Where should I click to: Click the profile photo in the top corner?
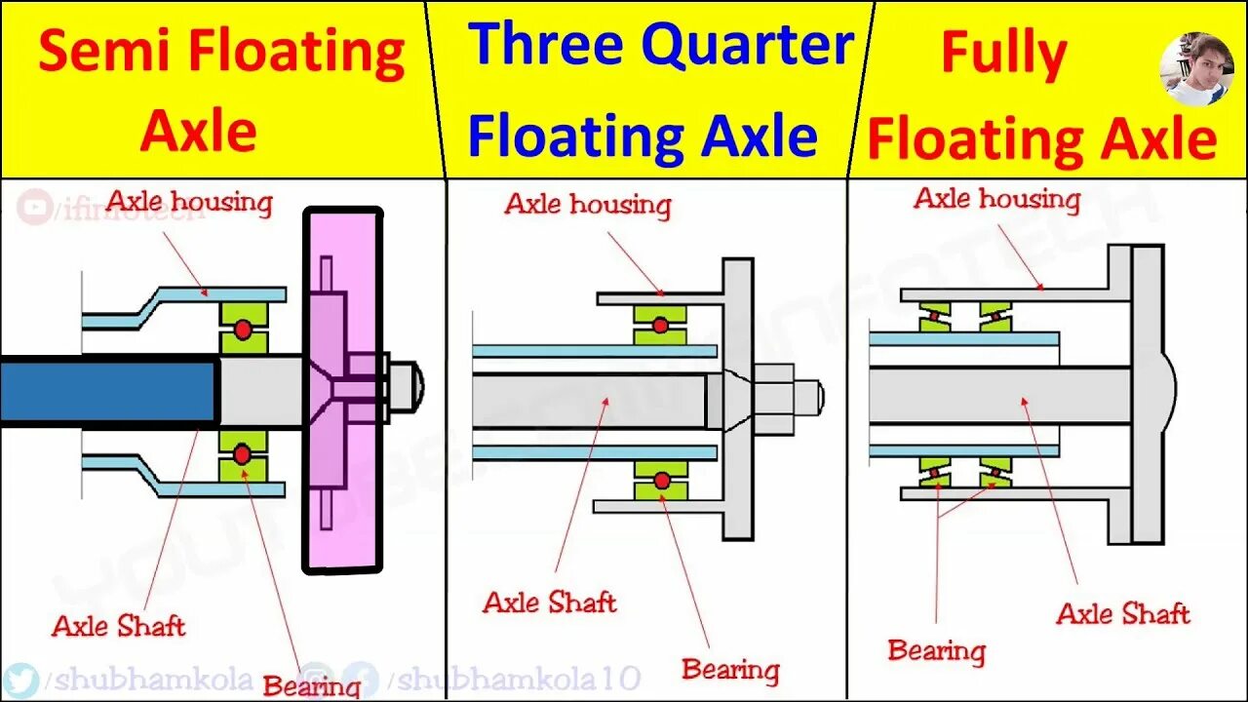(x=1196, y=68)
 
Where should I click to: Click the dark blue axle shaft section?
(x=107, y=390)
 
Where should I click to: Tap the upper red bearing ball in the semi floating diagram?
(x=243, y=331)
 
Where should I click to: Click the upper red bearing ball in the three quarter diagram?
(x=661, y=325)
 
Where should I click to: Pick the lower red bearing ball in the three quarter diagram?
(x=661, y=480)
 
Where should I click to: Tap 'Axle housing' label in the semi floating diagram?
(x=189, y=202)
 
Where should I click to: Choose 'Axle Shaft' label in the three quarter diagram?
(x=550, y=602)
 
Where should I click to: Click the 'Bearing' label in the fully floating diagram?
(x=936, y=650)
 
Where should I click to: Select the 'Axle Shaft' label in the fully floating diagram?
(x=1123, y=613)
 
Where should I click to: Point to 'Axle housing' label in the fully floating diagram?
(x=996, y=199)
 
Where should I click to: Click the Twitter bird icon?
(x=20, y=680)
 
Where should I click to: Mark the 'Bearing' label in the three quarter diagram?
(x=730, y=670)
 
